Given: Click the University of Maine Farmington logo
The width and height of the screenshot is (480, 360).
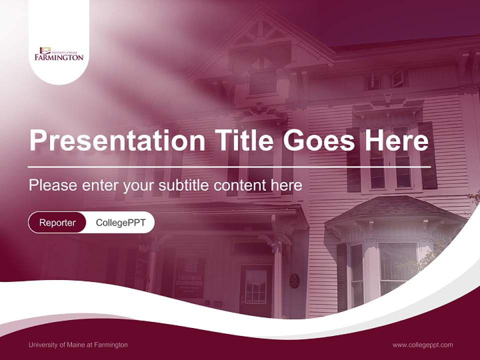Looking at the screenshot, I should (59, 53).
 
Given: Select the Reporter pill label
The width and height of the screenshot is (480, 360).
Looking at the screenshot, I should (57, 222).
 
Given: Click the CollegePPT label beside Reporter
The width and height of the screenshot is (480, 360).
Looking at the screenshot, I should (120, 222).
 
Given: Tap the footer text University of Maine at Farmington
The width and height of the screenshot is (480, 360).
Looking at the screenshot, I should (78, 344).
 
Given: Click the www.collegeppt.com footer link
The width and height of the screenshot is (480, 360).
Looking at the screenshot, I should (422, 344).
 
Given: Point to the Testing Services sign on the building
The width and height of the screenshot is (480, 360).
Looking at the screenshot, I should (189, 277).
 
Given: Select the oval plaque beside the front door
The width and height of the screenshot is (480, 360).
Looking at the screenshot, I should (294, 280).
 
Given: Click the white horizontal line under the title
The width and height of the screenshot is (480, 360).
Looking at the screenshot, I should (229, 166).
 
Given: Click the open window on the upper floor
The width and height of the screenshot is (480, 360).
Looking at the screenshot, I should (398, 78).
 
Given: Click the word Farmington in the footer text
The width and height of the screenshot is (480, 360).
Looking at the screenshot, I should (111, 344).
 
